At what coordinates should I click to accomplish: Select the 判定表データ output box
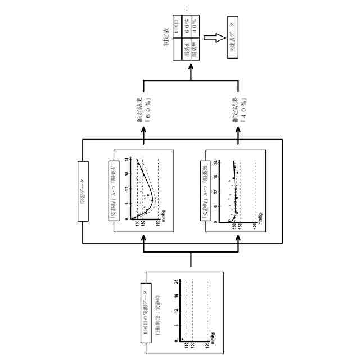tap(232, 38)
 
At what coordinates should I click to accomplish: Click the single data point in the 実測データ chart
tap(182, 340)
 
